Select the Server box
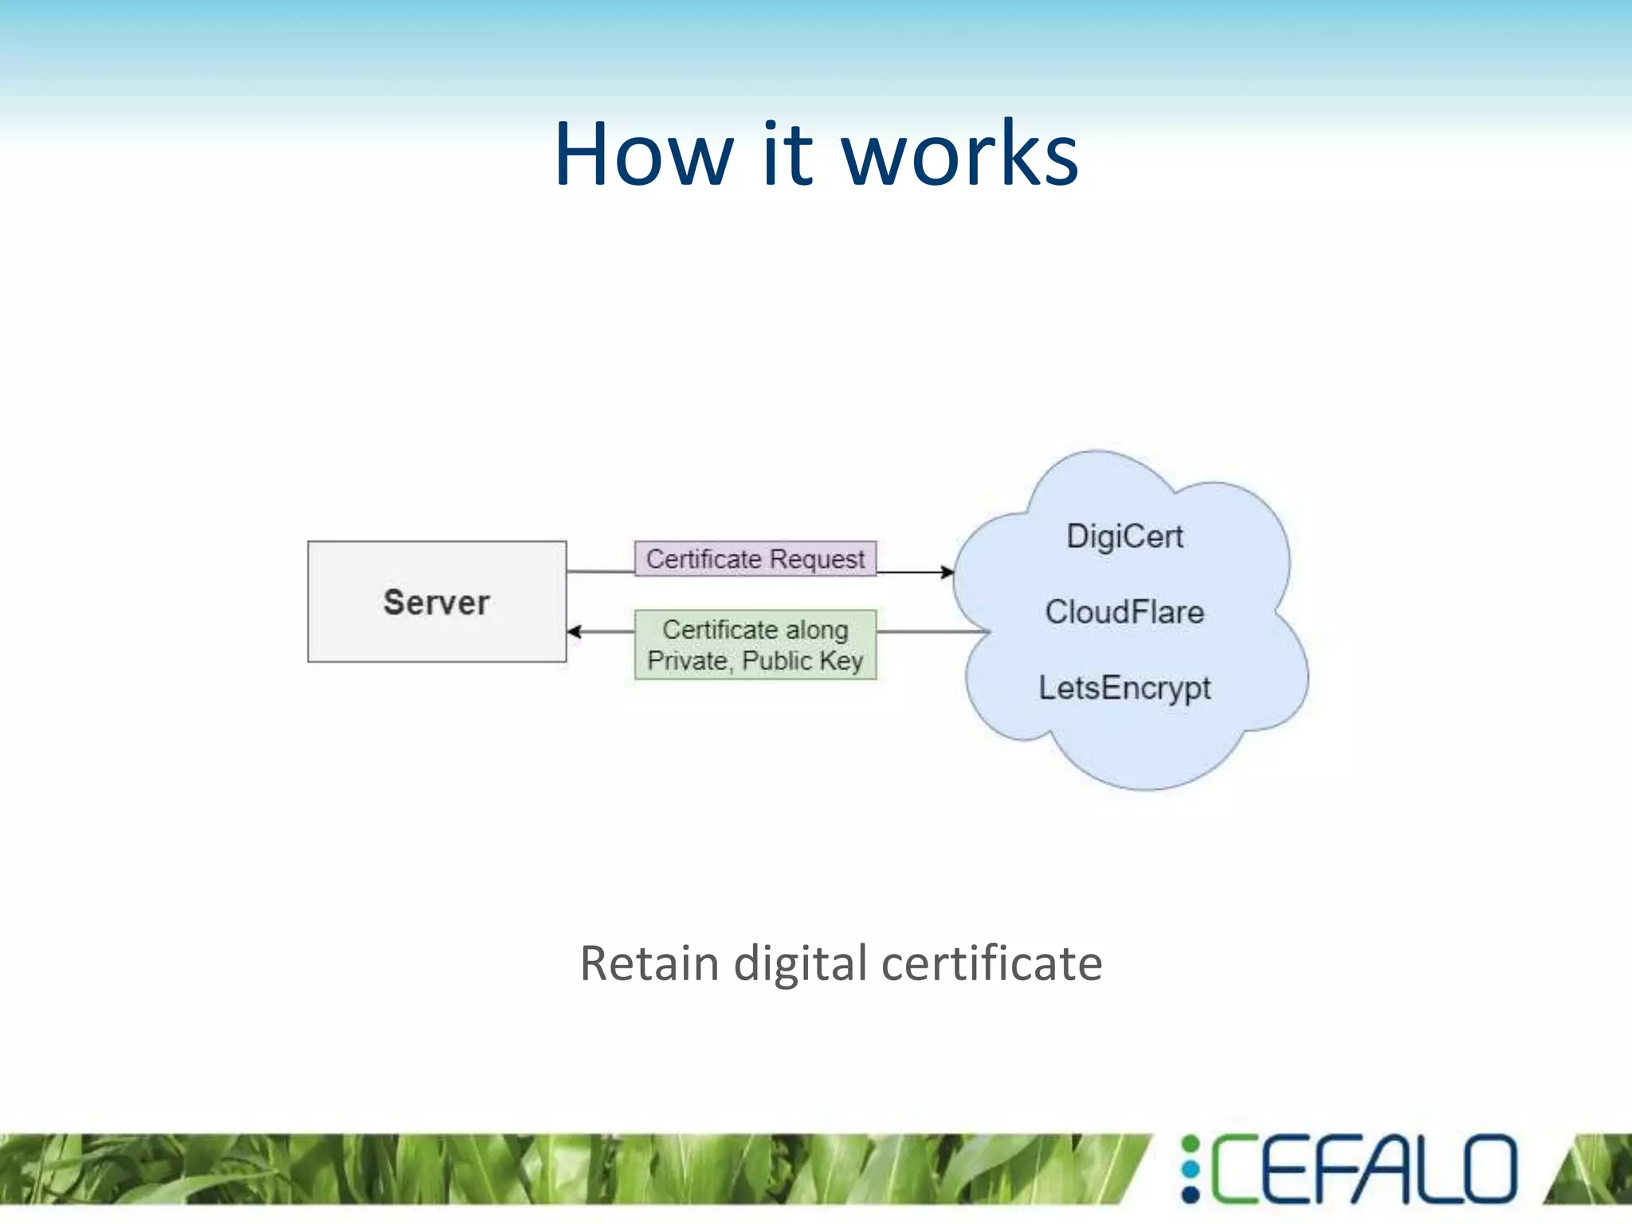437,602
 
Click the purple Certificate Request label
755,559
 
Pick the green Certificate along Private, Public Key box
755,645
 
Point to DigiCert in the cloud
1124,537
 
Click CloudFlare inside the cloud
1124,612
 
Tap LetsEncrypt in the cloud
1124,688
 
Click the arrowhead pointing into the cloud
947,572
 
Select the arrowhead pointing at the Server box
575,632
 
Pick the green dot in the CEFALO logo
1191,1144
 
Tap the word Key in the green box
841,661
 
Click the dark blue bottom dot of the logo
1191,1194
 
